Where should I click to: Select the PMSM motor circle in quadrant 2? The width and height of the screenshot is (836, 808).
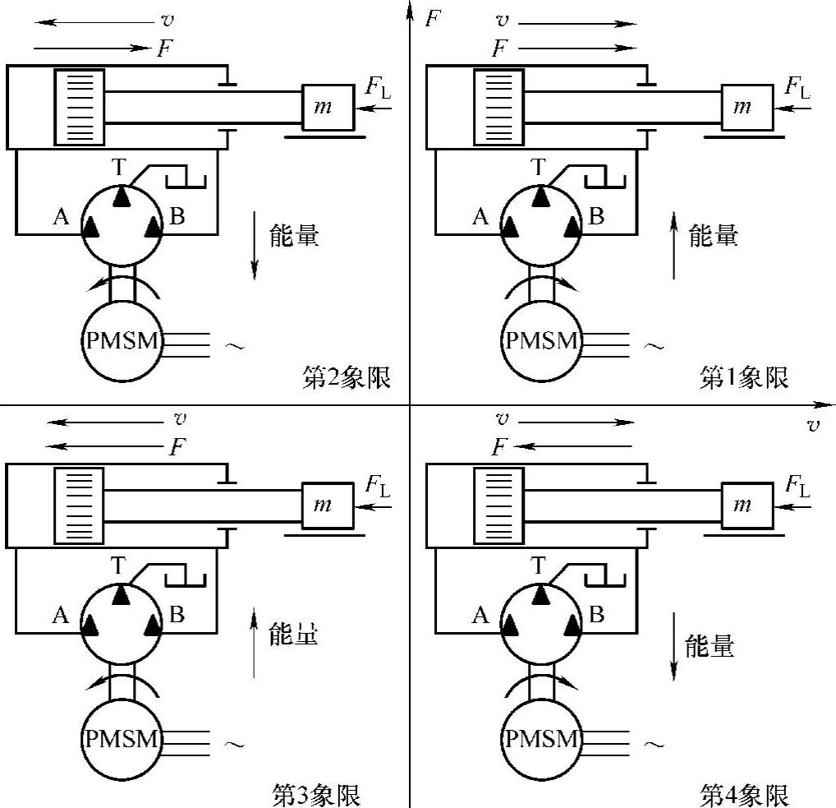(x=122, y=340)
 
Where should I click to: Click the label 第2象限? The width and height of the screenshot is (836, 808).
(x=344, y=378)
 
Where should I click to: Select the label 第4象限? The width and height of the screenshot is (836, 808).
(x=744, y=795)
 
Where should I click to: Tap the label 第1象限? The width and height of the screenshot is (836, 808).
(x=744, y=378)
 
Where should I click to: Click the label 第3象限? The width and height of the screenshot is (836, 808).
(x=316, y=795)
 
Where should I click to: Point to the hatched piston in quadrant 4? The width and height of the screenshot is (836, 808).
(x=498, y=506)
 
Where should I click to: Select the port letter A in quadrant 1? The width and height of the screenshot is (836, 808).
(x=480, y=217)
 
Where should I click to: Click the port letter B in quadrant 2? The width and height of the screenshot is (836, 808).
(x=177, y=217)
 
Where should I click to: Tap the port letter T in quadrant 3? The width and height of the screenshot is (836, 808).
(x=120, y=566)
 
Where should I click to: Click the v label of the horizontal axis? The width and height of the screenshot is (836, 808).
(x=813, y=425)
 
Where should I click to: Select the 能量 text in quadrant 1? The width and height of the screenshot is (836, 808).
(x=713, y=236)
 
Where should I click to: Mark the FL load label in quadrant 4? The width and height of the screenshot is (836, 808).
(x=797, y=486)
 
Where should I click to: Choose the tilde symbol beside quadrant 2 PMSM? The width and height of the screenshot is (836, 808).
(x=234, y=346)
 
